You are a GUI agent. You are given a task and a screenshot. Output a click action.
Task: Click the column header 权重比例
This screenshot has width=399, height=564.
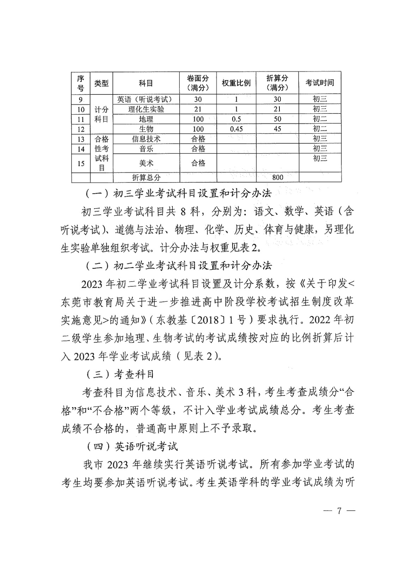point(236,83)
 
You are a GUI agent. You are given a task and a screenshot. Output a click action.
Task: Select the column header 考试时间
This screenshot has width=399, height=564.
point(320,83)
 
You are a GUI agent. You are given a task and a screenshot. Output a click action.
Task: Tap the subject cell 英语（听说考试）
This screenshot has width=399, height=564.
point(146,99)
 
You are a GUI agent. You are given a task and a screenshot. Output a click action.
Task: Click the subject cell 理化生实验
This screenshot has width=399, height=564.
point(146,109)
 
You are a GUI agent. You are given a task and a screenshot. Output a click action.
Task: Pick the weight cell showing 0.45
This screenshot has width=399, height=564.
point(236,129)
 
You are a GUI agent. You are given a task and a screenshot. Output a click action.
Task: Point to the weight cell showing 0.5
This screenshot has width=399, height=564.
point(236,119)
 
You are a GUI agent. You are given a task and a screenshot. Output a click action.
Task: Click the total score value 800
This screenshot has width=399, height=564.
point(277,177)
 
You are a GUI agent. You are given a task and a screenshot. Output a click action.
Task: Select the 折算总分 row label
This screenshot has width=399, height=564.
point(146,177)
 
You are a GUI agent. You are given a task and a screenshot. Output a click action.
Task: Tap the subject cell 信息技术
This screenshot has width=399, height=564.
point(146,139)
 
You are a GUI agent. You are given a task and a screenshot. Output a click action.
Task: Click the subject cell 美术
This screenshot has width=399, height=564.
point(146,163)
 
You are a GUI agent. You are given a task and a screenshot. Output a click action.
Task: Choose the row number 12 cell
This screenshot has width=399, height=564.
point(81,129)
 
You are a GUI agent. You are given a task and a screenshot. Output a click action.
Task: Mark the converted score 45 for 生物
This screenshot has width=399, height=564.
point(277,129)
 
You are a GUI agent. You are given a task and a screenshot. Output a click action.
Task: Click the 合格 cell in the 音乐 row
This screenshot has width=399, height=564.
point(198,149)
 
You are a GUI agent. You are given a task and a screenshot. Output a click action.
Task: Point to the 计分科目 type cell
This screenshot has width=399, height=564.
point(101,114)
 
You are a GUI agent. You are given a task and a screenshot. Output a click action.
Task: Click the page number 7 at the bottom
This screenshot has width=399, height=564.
point(339,511)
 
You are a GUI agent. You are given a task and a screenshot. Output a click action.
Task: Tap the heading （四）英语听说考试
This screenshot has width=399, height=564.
point(132,447)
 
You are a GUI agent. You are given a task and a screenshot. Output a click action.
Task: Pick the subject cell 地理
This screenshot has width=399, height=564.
point(146,119)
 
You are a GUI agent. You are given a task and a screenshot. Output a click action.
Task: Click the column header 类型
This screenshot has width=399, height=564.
point(101,83)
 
